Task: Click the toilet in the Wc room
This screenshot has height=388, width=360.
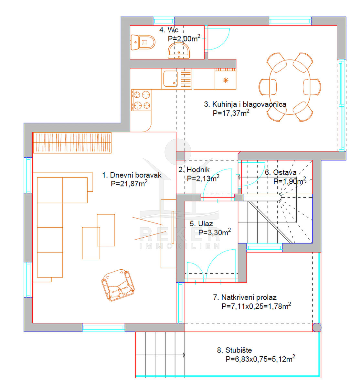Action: coord(143,42)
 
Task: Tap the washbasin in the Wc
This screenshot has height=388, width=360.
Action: coord(178,51)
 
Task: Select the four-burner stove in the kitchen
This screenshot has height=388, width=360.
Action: coord(141,100)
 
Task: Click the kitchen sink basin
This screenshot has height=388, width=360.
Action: coord(171,79)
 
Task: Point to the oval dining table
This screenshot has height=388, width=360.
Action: coord(290,87)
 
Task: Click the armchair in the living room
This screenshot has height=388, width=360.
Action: coord(118,285)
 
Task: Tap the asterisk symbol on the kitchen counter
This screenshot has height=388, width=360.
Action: coord(226,80)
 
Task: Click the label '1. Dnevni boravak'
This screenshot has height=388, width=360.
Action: coord(132,175)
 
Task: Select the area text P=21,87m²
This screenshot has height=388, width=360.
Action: coord(129,183)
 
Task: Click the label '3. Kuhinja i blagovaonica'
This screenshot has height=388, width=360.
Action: coord(245,104)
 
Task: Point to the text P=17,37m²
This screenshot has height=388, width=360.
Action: coord(231,113)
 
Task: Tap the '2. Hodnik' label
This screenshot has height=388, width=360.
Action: coord(194,169)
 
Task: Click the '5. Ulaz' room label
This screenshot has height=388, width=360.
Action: coord(201,224)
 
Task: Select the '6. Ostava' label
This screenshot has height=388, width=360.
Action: coord(281,172)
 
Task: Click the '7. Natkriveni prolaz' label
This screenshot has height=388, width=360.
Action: coord(245,297)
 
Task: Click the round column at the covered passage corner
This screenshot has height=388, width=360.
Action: coord(317,328)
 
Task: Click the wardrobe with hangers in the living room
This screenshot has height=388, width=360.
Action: coord(72,143)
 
